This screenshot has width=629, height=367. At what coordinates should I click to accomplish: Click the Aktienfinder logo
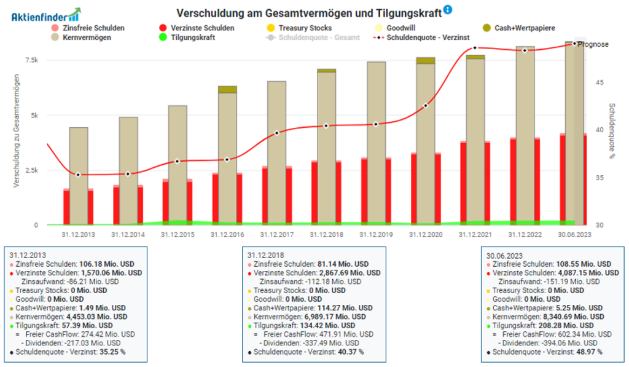tap(45, 14)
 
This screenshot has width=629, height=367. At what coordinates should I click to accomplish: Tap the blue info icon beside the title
tap(448, 10)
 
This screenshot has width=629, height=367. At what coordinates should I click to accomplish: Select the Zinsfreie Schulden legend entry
tap(93, 28)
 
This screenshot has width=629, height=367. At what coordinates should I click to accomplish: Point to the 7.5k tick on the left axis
tap(31, 60)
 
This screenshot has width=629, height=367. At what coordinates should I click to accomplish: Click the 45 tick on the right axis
tap(602, 82)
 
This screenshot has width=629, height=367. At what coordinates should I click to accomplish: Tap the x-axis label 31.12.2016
tap(227, 234)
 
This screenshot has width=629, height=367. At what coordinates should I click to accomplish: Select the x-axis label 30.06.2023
tap(574, 234)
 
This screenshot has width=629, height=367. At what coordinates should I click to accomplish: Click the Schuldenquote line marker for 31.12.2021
tap(475, 48)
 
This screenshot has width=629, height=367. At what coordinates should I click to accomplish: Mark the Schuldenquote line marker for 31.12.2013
tap(78, 175)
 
